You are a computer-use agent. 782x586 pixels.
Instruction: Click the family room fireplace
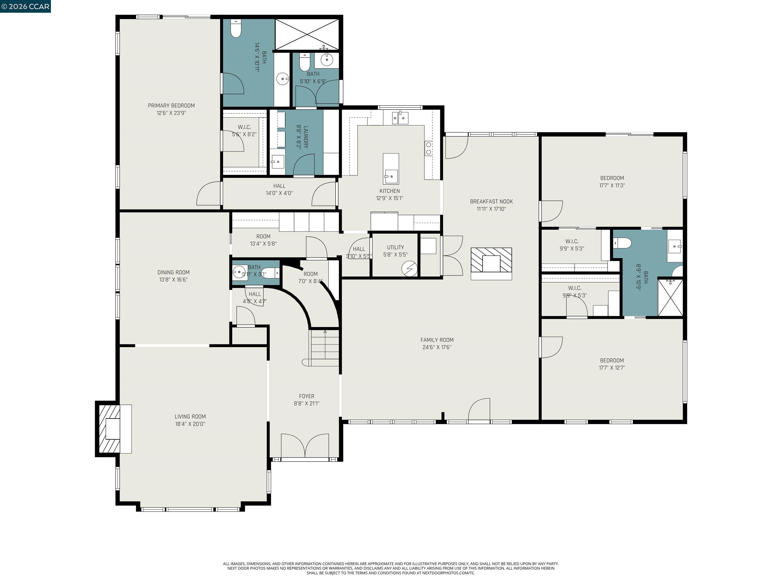click(491, 263)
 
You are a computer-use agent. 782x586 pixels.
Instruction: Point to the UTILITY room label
click(395, 247)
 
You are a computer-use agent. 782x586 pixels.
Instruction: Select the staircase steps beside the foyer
click(325, 348)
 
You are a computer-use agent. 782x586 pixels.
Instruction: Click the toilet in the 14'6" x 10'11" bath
click(235, 28)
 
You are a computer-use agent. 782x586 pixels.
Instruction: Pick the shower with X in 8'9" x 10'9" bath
click(670, 297)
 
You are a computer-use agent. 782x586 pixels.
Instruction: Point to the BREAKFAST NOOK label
click(491, 201)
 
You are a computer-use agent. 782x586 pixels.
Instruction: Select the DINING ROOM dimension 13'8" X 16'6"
click(173, 280)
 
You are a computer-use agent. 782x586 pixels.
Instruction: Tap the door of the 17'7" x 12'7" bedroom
click(551, 347)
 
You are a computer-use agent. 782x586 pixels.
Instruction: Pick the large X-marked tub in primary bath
click(306, 34)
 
